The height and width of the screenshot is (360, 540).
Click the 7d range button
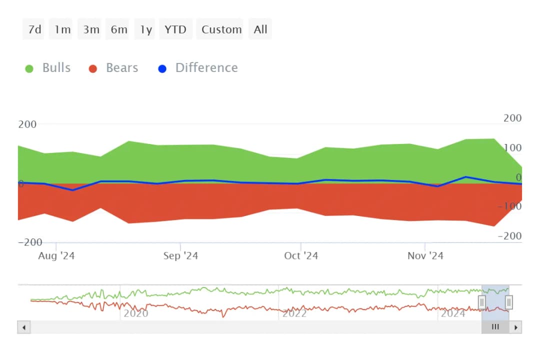pos(35,29)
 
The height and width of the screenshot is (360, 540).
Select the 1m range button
pos(63,29)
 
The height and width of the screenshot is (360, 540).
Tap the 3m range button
pos(91,29)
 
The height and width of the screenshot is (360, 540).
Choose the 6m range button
pos(119,29)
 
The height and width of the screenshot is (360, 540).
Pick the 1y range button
pos(145,29)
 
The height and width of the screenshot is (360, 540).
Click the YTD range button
pos(175,29)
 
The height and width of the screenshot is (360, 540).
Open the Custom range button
pos(221,29)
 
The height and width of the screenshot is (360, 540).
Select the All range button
pos(260,29)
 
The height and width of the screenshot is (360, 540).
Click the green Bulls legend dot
pos(29,68)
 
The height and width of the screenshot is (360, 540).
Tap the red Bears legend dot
pos(92,68)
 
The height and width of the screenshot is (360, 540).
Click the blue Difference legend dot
pos(162,68)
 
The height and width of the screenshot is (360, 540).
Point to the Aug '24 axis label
pos(56,256)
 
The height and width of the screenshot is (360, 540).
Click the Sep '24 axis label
pos(180,256)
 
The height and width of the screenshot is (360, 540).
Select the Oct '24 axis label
pos(301,256)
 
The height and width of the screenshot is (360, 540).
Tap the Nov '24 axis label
pos(425,256)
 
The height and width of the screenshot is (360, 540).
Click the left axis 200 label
pos(27,124)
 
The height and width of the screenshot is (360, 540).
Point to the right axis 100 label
pos(512,147)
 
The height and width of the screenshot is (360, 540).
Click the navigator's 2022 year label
pos(294,313)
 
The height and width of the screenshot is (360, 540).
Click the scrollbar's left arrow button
pos(23,327)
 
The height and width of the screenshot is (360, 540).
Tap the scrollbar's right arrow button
pos(515,327)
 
